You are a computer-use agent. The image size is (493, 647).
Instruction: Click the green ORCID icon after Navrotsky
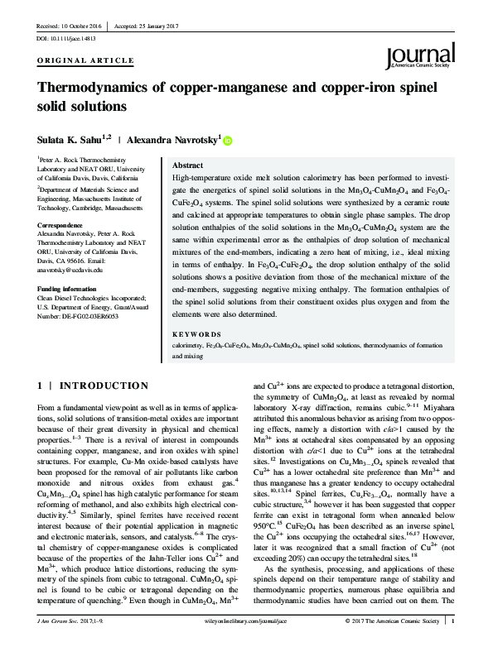pos(228,141)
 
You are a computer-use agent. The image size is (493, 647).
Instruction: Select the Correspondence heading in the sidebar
pos(60,224)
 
